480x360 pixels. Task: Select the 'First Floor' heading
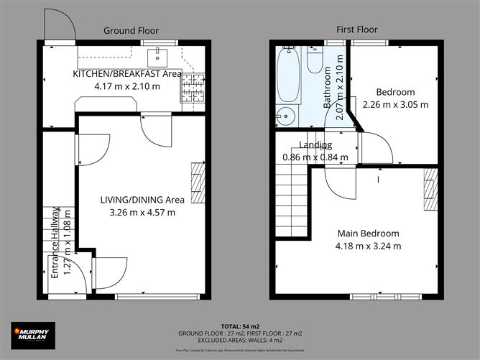click(357, 29)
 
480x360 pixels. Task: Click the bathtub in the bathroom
click(288, 75)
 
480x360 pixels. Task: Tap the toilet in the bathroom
click(315, 61)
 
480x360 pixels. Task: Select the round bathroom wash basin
click(286, 116)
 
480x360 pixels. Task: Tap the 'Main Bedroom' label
click(368, 234)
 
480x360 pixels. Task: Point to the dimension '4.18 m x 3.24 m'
click(368, 246)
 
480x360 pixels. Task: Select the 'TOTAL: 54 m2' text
click(240, 326)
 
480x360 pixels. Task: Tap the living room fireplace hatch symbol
click(198, 183)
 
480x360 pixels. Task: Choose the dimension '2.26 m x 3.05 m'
click(395, 104)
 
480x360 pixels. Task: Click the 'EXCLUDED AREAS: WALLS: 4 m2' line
click(240, 341)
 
